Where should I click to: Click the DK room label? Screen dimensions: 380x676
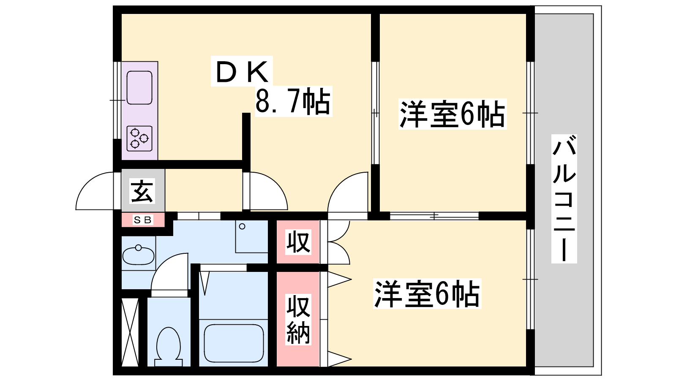(x=242, y=72)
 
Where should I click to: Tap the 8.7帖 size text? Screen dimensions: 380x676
(x=293, y=102)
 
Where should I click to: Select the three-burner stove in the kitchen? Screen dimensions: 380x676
(x=139, y=138)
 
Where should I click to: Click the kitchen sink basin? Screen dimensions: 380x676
(x=139, y=87)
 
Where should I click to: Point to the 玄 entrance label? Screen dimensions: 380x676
(x=142, y=191)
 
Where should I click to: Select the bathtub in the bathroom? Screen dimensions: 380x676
(x=234, y=342)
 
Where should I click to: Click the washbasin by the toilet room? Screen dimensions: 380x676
(x=138, y=255)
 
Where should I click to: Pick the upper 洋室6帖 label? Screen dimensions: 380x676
(x=452, y=114)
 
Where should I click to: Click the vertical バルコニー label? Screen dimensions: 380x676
(x=564, y=198)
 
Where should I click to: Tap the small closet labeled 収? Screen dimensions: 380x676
(x=298, y=242)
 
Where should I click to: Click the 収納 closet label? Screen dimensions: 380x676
(x=298, y=320)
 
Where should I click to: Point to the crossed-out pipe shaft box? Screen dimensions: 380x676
(x=130, y=332)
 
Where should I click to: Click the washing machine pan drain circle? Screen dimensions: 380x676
(x=242, y=227)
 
